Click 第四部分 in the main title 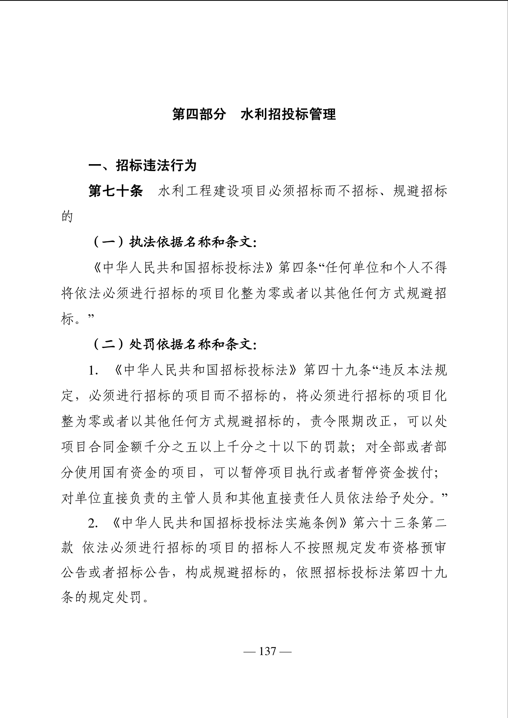coord(199,114)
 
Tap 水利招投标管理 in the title coord(288,114)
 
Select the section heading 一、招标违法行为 coord(142,166)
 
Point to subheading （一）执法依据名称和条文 coord(174,242)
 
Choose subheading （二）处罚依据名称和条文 coord(174,345)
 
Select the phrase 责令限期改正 coord(350,422)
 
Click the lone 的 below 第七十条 coord(67,217)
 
